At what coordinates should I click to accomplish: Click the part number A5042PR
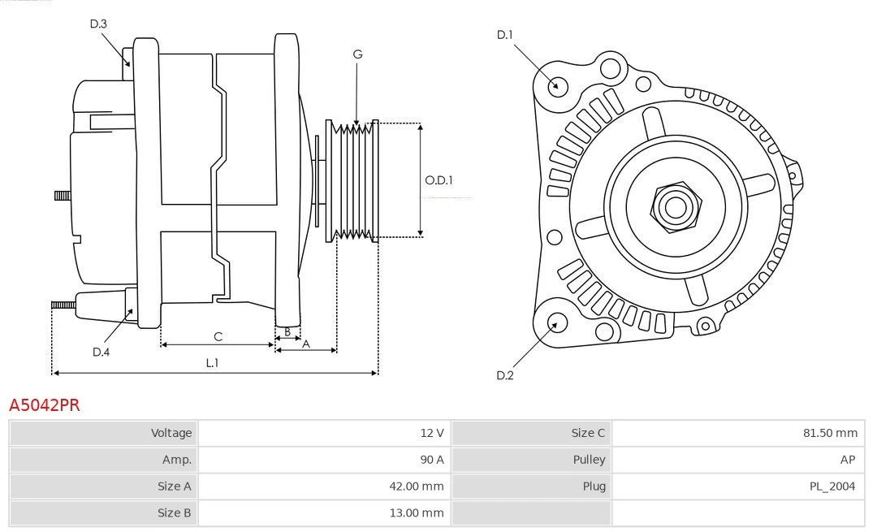44,404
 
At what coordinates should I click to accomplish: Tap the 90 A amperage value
432,460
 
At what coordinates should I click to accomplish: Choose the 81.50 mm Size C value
829,433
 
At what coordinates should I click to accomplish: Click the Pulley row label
589,460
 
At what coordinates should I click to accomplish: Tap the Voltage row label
171,433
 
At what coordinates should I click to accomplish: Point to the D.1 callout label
505,35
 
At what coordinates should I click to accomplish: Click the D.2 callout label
505,375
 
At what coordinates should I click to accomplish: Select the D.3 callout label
98,24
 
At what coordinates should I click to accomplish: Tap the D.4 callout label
101,352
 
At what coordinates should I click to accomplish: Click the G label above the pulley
357,54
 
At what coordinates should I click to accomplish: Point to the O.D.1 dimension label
438,180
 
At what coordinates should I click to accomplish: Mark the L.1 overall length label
212,363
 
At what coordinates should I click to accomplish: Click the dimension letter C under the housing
218,336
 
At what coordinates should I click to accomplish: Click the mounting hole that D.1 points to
557,85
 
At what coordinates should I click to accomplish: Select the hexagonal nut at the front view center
675,206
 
